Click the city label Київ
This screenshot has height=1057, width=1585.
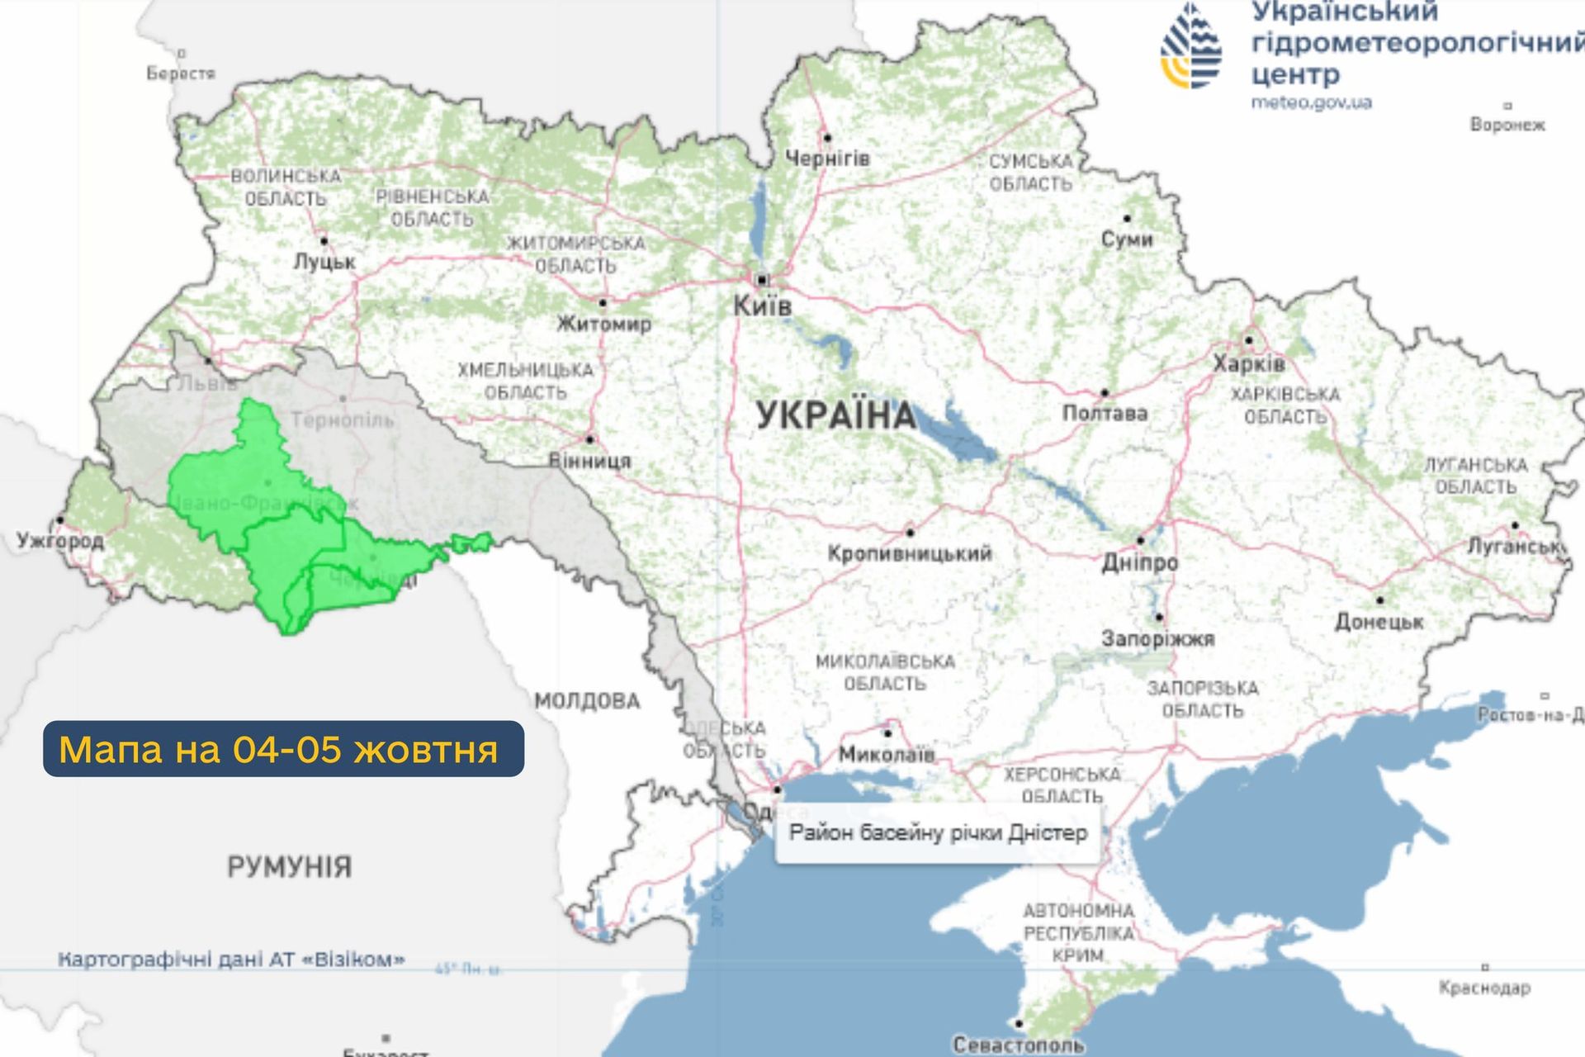(x=762, y=306)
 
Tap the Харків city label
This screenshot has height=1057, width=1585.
(x=1248, y=363)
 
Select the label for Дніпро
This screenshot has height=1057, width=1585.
(x=1140, y=562)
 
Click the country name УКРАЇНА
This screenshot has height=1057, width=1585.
(x=835, y=415)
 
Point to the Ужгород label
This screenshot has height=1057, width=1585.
(x=60, y=541)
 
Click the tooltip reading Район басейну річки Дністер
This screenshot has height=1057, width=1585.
(x=938, y=832)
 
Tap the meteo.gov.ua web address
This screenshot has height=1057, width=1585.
(x=1311, y=102)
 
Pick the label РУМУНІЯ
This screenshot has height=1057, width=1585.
(x=289, y=867)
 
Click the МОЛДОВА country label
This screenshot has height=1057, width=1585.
(x=587, y=701)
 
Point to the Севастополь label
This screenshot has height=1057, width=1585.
(x=1018, y=1045)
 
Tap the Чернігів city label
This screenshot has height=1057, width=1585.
(x=827, y=158)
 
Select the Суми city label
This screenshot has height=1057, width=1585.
(x=1127, y=239)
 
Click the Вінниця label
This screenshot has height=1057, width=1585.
(x=590, y=461)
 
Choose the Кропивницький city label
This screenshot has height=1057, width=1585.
(x=910, y=553)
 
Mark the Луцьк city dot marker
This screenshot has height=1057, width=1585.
(x=324, y=241)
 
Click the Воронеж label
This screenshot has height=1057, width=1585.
(x=1507, y=125)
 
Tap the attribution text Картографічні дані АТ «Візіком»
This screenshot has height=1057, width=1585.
(x=231, y=960)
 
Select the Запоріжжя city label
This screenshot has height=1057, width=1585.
(x=1157, y=638)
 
